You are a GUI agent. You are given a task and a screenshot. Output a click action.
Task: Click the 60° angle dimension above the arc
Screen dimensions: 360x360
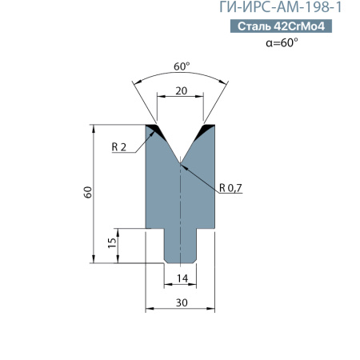[180, 67]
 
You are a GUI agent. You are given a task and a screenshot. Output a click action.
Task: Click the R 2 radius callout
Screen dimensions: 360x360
[120, 146]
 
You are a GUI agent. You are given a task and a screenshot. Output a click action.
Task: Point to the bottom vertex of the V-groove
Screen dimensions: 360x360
[181, 163]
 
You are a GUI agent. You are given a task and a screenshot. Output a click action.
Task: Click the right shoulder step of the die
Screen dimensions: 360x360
[206, 229]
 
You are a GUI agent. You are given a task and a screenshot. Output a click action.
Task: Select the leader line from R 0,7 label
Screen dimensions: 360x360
[201, 175]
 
